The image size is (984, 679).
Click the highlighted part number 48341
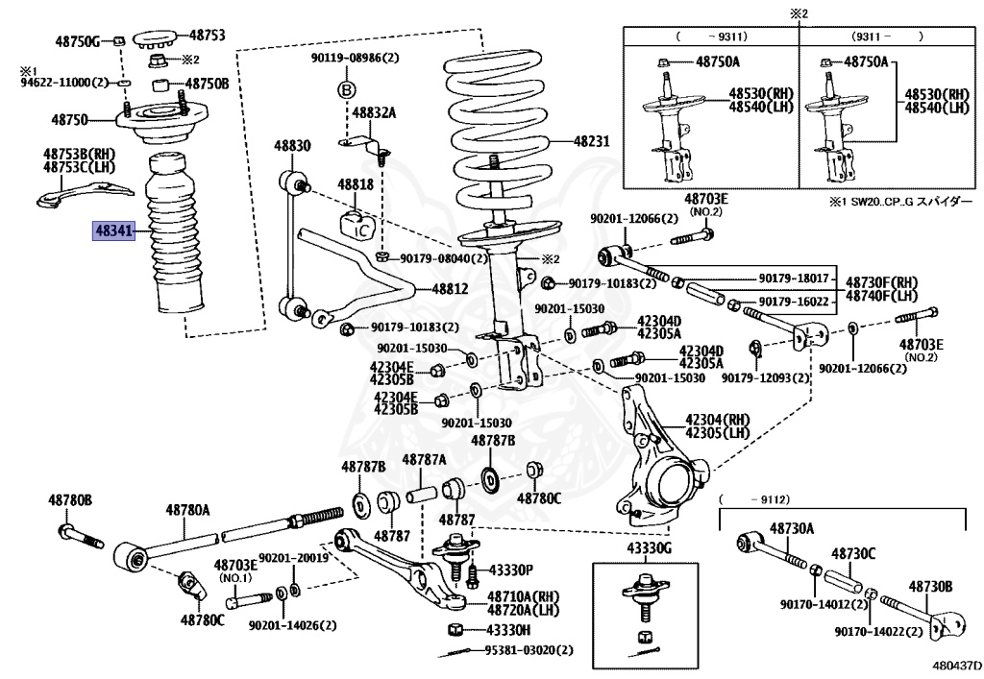(113, 230)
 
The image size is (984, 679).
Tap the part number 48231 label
(592, 141)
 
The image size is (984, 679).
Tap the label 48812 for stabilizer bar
(450, 287)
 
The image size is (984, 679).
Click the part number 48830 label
(292, 146)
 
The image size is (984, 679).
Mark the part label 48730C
(852, 554)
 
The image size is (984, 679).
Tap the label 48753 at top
(207, 35)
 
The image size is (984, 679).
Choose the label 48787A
(424, 460)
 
